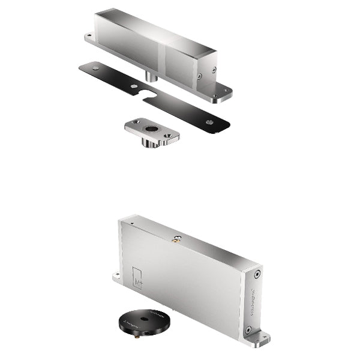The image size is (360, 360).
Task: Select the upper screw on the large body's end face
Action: click(x=256, y=274)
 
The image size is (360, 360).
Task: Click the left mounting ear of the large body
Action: click(x=116, y=277)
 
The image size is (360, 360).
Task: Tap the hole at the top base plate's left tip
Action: click(x=91, y=37)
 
